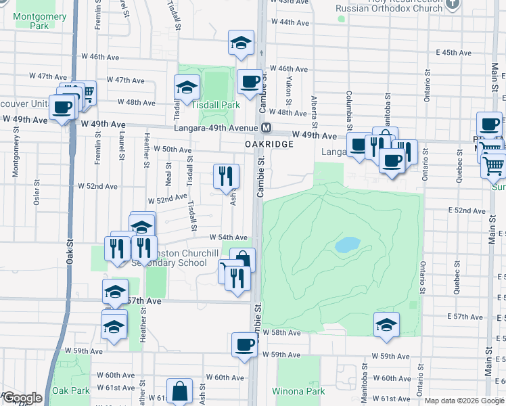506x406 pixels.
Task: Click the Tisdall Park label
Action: pos(215,106)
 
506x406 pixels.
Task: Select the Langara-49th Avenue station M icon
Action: pos(267,128)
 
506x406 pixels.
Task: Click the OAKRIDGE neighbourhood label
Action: pos(269,144)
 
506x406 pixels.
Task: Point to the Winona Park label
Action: pos(298,391)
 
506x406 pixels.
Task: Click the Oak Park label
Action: pos(71,390)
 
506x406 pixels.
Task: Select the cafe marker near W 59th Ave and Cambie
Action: pos(244,344)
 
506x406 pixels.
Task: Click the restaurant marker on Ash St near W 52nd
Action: pos(226,176)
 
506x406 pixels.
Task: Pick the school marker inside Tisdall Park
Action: pos(187,87)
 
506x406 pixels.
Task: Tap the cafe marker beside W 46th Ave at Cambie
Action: pos(250,81)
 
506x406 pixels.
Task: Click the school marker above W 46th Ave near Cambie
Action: pos(241,42)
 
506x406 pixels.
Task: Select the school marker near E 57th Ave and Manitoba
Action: pos(386,324)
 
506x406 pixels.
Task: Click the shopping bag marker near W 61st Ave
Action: pos(180,391)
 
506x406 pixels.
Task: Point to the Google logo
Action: pos(22,398)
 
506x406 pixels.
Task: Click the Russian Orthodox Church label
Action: pos(390,8)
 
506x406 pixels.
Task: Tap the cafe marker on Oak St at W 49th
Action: pos(62,106)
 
